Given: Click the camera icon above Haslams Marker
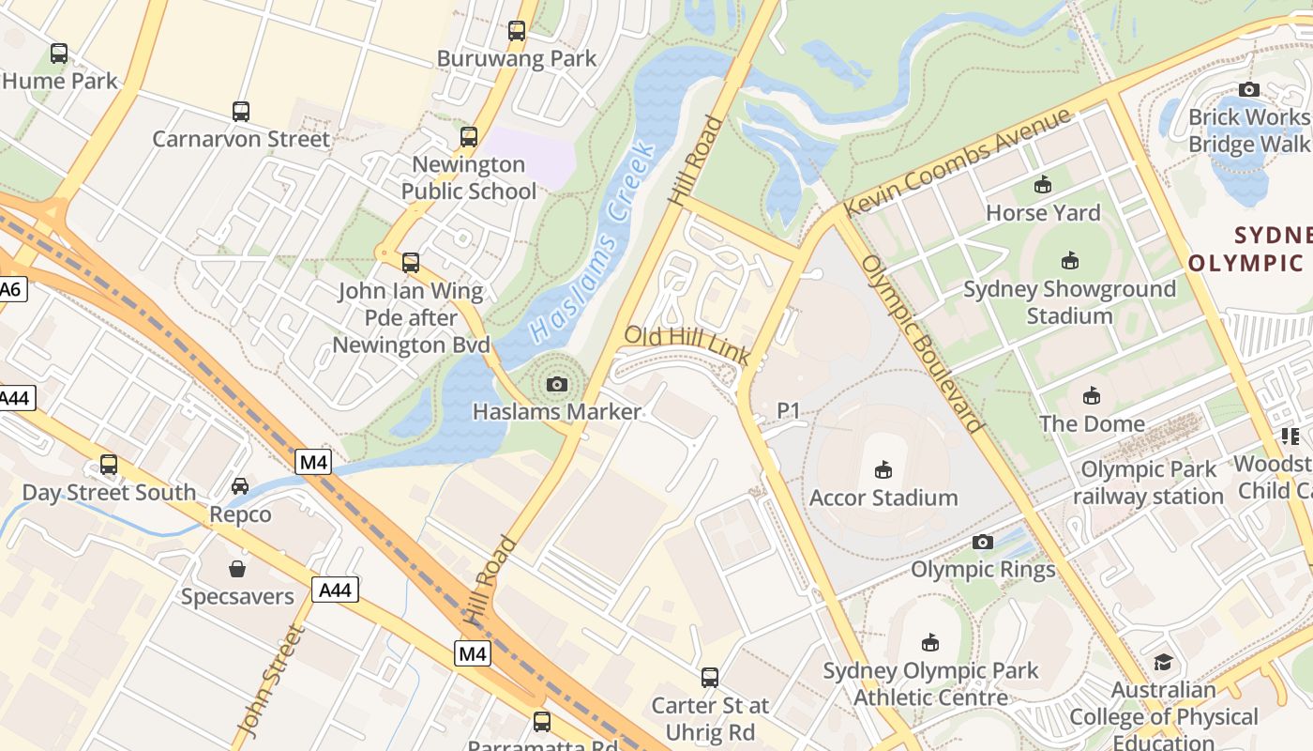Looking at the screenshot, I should [556, 384].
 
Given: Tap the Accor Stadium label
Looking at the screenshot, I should [883, 498].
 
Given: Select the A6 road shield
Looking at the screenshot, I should [10, 289].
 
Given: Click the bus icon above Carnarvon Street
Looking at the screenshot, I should [241, 112].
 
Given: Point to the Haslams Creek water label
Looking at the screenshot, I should [591, 242].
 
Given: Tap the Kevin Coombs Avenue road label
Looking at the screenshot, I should [957, 161].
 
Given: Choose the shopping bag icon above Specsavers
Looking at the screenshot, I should [237, 569].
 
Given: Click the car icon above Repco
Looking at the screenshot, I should [240, 486].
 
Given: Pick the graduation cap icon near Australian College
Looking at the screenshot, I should [1163, 663].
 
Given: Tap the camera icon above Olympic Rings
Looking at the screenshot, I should [983, 542].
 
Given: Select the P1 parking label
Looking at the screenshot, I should [789, 410].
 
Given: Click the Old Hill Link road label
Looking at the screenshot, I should [687, 344].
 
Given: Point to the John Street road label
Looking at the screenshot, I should [270, 681].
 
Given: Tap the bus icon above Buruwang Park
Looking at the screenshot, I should [517, 31].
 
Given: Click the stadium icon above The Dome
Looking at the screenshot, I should [1092, 396].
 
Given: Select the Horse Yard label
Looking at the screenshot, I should [1043, 213].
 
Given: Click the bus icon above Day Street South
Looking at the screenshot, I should [109, 465].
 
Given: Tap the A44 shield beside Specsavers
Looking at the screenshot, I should [335, 590].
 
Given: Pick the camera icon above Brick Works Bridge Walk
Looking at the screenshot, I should [1249, 90].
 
